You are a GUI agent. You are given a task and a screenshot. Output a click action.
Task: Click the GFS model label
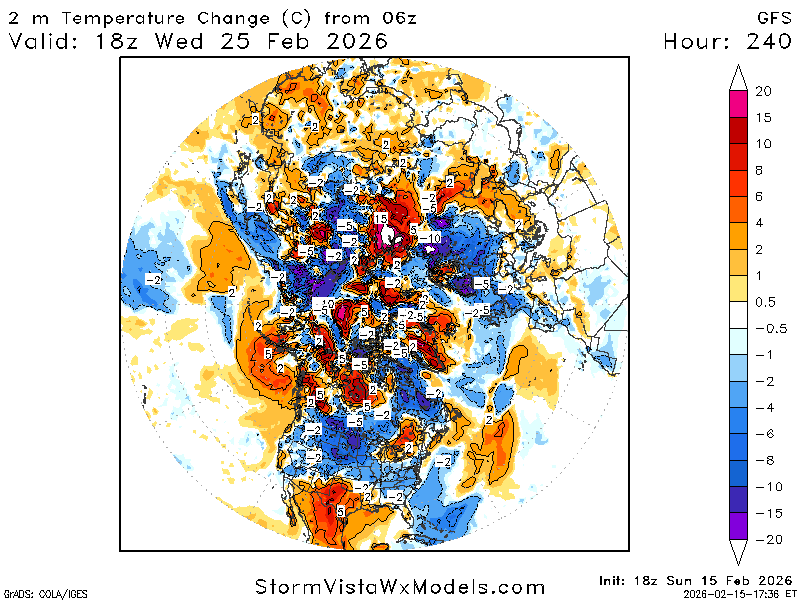[773, 17]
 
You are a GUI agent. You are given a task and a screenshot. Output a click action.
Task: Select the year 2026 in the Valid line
[354, 41]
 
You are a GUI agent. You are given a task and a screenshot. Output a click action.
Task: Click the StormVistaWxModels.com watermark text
[400, 587]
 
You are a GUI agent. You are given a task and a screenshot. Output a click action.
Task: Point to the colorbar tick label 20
[763, 91]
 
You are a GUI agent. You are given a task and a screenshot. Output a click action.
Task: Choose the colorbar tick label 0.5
[765, 302]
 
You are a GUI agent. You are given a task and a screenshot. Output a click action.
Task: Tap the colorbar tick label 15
[763, 118]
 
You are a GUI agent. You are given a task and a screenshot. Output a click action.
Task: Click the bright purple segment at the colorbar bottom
[738, 527]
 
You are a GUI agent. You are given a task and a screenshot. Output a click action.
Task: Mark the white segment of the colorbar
[738, 315]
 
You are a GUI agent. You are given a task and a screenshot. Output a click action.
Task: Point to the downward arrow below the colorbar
[738, 552]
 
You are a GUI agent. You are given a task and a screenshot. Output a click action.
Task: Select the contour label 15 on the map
[380, 218]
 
